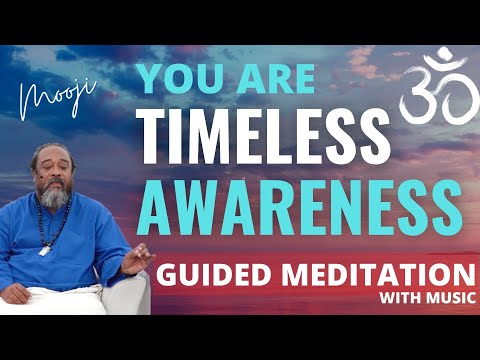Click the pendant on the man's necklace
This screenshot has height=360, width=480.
[44, 249]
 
